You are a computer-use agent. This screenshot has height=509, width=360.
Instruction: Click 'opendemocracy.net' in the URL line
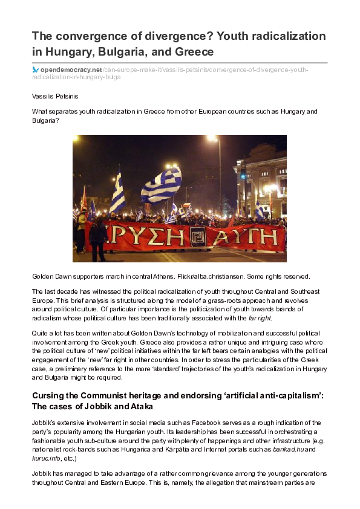pos(67,70)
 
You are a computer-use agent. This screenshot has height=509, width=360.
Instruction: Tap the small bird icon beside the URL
pos(35,70)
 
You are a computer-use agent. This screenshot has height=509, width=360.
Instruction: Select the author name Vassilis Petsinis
pos(55,96)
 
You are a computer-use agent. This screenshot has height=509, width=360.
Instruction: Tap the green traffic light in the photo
pos(243,176)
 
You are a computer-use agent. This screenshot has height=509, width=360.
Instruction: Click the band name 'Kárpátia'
pos(173,450)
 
